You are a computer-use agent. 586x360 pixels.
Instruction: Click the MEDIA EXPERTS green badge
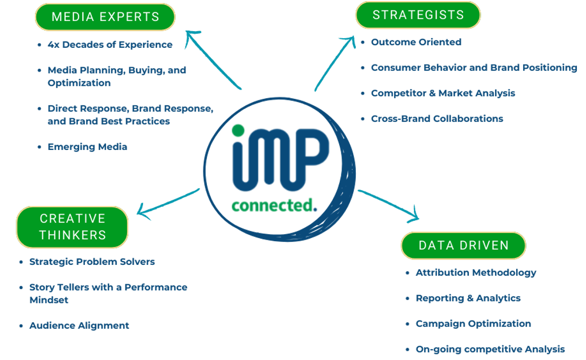pyautogui.click(x=105, y=17)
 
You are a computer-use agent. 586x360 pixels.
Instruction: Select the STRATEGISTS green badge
pyautogui.click(x=418, y=15)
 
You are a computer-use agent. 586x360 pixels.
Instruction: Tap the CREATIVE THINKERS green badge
pyautogui.click(x=73, y=227)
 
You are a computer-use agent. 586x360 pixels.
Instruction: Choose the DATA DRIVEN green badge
pyautogui.click(x=463, y=246)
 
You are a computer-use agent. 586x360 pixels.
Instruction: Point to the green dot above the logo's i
pyautogui.click(x=238, y=130)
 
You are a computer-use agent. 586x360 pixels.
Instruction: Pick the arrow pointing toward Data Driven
pyautogui.click(x=390, y=205)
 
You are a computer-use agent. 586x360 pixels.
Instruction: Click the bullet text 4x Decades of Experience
pyautogui.click(x=110, y=45)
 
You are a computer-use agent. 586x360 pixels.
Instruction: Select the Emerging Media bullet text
pyautogui.click(x=87, y=147)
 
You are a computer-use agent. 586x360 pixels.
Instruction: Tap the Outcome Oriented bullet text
pyautogui.click(x=416, y=42)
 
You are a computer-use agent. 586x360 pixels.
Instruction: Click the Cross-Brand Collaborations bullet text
pyautogui.click(x=437, y=119)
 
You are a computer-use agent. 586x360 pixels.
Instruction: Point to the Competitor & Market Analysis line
pyautogui.click(x=443, y=93)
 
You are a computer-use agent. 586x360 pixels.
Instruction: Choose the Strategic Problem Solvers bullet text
pyautogui.click(x=92, y=262)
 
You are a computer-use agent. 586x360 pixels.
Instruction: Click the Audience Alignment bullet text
pyautogui.click(x=79, y=326)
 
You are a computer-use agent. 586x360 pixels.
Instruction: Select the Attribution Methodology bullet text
pyautogui.click(x=476, y=272)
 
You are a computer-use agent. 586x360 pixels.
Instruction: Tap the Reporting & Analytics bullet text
pyautogui.click(x=468, y=298)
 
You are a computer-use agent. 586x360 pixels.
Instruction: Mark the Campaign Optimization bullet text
pyautogui.click(x=473, y=323)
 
